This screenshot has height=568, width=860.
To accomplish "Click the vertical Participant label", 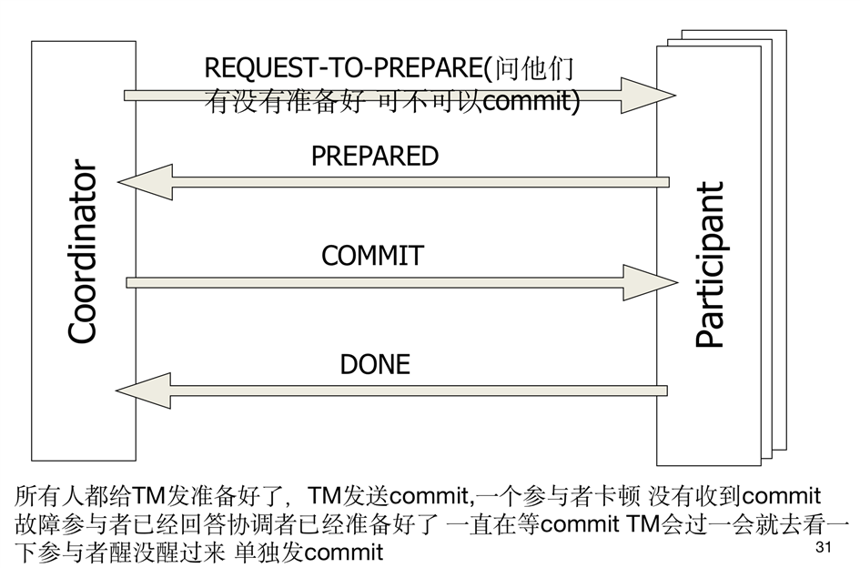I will (x=710, y=265).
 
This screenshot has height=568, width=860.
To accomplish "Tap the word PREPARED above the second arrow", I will (x=374, y=156).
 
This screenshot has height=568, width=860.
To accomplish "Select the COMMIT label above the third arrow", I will (x=372, y=256).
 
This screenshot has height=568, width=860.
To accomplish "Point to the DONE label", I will (x=375, y=364).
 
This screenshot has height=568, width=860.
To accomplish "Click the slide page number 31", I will (x=825, y=548).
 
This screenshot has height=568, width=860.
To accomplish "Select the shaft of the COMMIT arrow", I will (x=382, y=282).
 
